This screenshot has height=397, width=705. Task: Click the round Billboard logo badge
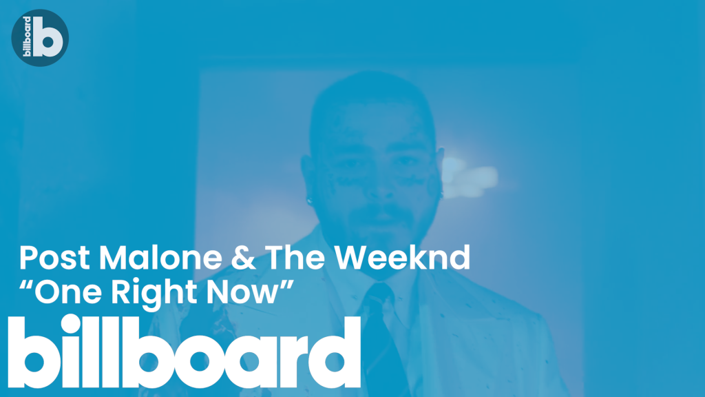point(40,38)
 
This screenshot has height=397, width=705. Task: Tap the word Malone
point(160,258)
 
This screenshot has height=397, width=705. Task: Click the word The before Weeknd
point(295,258)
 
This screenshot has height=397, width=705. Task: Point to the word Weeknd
point(402,258)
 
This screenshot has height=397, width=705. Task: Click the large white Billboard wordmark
point(185,351)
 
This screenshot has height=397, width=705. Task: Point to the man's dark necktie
point(381,338)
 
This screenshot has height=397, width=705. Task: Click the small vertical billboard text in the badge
point(27,37)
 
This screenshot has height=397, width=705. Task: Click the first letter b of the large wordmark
point(28,352)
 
